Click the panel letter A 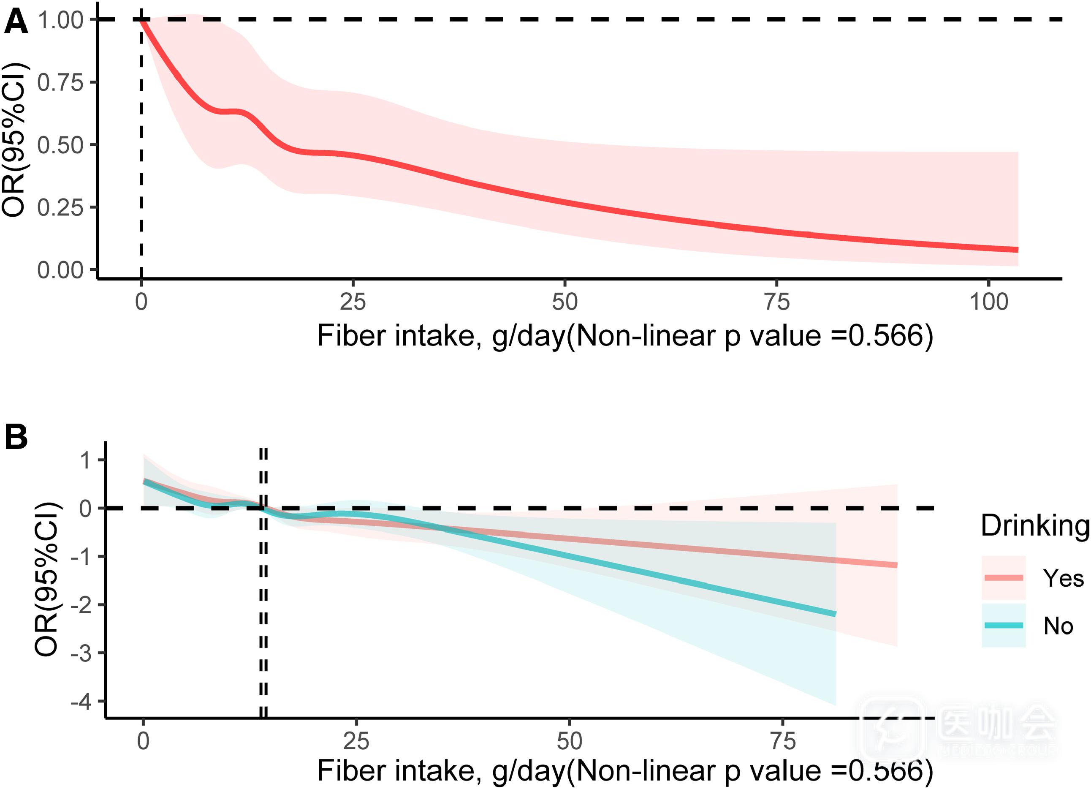click(x=16, y=22)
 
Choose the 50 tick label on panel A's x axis click(x=565, y=302)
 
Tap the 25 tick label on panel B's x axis click(x=356, y=741)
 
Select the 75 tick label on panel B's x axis click(x=783, y=741)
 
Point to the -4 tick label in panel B click(x=81, y=702)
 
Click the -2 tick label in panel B click(x=81, y=605)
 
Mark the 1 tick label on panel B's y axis click(x=86, y=460)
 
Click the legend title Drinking click(x=1034, y=525)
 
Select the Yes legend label click(x=1063, y=578)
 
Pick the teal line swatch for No click(x=1004, y=626)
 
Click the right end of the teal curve click(x=836, y=614)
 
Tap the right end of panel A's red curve click(x=1018, y=250)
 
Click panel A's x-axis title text click(x=625, y=336)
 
